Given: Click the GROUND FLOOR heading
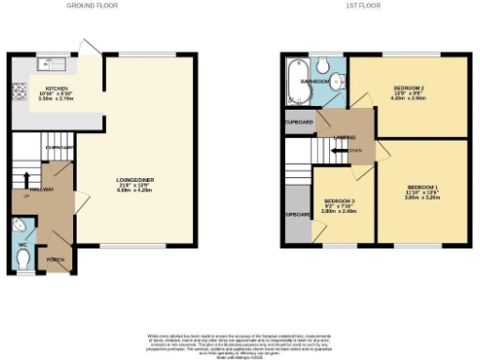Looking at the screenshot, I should (92, 6).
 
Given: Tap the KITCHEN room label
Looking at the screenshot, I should (55, 87).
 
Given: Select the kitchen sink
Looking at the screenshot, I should (46, 65).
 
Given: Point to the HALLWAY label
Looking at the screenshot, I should (42, 189).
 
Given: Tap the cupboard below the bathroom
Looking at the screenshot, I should (299, 122).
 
